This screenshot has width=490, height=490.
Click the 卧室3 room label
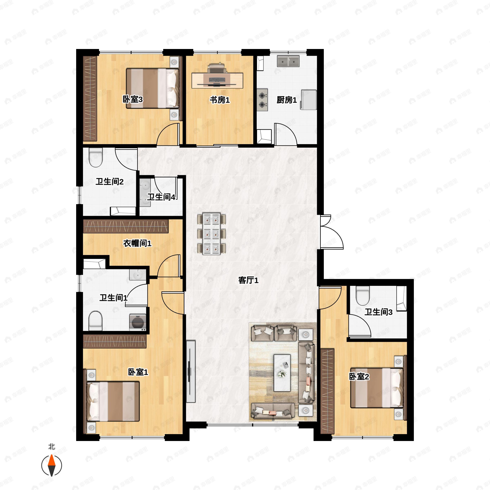click(x=133, y=99)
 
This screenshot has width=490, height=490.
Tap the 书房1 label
click(x=220, y=100)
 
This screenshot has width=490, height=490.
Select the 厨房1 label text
click(x=287, y=100)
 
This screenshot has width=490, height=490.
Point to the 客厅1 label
click(x=248, y=280)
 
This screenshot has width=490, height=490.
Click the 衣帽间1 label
click(x=137, y=244)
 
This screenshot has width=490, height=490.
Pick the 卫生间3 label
click(x=378, y=312)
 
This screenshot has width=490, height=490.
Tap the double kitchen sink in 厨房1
click(x=288, y=61)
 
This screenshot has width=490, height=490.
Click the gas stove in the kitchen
click(x=262, y=100)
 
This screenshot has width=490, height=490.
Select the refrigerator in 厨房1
click(x=308, y=100)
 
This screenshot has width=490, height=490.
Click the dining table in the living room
click(x=212, y=234)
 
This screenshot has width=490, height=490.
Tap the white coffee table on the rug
click(x=282, y=373)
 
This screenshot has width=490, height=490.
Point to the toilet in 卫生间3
click(x=363, y=296)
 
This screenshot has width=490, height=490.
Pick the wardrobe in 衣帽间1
click(x=126, y=226)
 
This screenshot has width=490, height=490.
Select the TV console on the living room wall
click(x=191, y=372)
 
